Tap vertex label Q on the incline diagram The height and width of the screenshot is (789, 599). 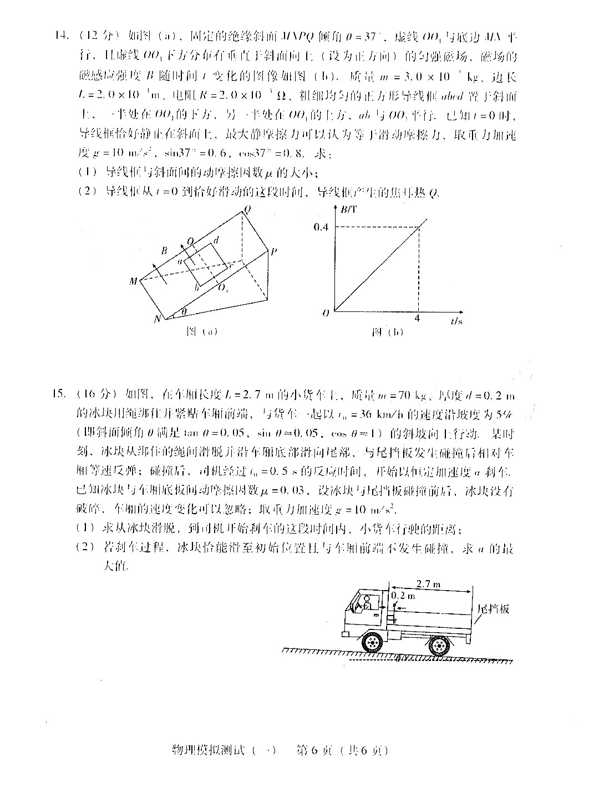tap(247, 209)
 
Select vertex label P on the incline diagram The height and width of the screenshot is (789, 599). tap(274, 252)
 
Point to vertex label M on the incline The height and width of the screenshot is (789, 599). tap(134, 281)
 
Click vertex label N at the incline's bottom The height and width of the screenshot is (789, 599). tap(157, 319)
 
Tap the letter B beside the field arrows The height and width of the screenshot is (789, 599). tap(164, 252)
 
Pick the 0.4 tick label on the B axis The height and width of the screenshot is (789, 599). tap(321, 227)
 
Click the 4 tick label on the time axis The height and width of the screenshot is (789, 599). tap(418, 318)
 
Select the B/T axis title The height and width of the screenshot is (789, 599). tap(350, 209)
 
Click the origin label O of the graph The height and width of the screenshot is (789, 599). tap(326, 313)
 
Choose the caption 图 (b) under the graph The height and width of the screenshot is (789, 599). tap(388, 332)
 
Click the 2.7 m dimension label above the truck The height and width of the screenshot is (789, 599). tap(428, 583)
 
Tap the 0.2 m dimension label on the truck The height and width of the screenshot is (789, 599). tap(403, 596)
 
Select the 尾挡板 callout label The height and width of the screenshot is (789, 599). tap(493, 609)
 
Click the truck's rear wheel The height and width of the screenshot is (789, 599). tap(438, 644)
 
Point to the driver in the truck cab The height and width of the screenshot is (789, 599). tap(366, 603)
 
